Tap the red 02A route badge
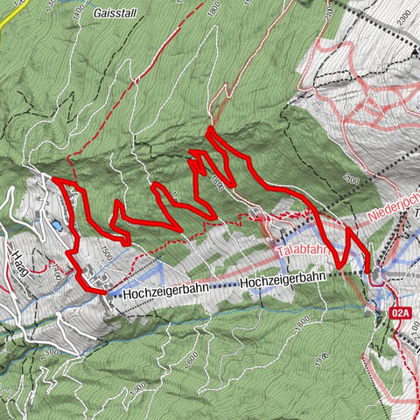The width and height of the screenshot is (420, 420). click(x=402, y=311)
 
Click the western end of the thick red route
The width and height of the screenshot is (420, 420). click(x=54, y=179)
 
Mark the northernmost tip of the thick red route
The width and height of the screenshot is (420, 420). click(x=210, y=129)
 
